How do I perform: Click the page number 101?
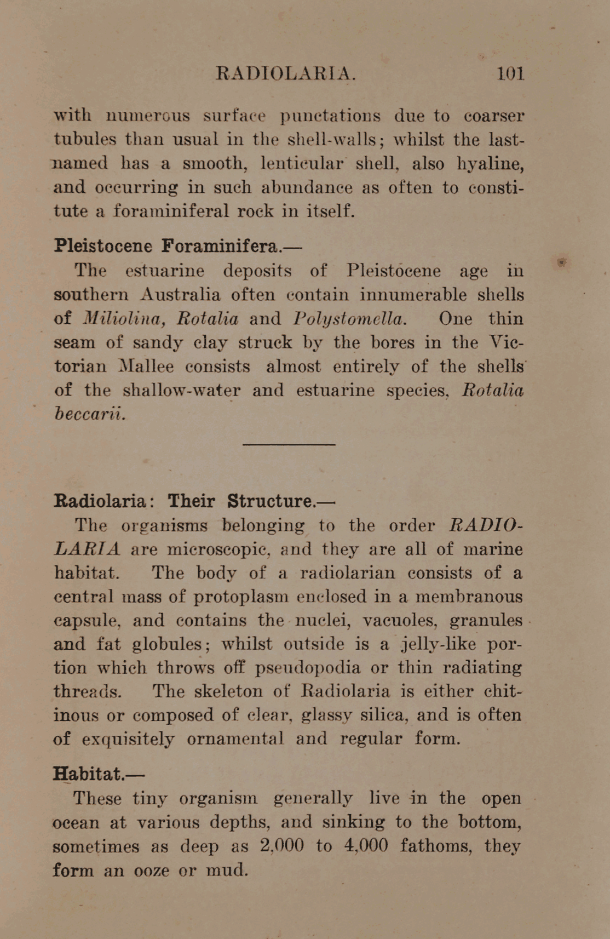coord(510,73)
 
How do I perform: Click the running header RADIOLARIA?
coord(286,73)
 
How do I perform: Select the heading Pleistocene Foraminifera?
coord(177,246)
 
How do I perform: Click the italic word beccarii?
coord(90,414)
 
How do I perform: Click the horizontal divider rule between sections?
coord(289,444)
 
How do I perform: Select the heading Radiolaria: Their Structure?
coord(194,501)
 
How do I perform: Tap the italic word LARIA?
coord(88,549)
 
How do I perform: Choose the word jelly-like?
coord(438,644)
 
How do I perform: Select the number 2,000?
coord(282,846)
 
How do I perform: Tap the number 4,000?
coord(366,846)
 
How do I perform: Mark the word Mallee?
coord(147,367)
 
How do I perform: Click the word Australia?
coord(180,295)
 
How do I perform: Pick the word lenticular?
coord(302,164)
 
